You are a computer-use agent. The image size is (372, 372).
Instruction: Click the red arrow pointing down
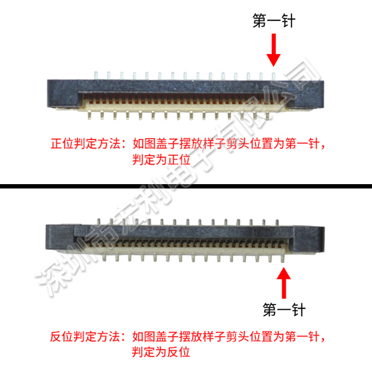pos(273,50)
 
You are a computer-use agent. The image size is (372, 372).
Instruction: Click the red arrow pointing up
pos(284,283)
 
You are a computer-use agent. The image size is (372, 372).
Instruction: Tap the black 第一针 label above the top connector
pos(274,20)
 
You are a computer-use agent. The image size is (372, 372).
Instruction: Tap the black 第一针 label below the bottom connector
pos(284,309)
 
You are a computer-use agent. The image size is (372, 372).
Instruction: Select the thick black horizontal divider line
pos(186,186)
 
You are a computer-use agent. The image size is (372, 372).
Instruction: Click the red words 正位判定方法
pos(86,144)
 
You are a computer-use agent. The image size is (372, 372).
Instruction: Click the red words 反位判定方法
pos(85,337)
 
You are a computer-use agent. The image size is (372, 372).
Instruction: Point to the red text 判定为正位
pos(161,159)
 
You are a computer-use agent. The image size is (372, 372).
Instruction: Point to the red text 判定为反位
pos(161,352)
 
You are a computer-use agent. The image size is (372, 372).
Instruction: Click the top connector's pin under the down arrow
pos(273,76)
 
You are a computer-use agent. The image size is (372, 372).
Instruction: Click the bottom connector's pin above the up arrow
pos(283,258)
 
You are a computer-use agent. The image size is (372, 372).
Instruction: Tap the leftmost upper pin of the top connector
pos(96,76)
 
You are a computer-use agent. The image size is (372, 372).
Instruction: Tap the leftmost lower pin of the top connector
pos(89,115)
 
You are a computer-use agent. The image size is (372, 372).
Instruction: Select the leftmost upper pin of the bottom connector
pos(99,221)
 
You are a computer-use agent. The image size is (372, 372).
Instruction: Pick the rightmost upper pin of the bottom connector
pos(277,223)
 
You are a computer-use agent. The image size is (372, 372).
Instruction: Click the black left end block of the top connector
pos(63,94)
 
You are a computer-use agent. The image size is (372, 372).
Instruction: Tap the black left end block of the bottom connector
pos(60,237)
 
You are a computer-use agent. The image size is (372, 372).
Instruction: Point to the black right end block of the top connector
pos(308,94)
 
